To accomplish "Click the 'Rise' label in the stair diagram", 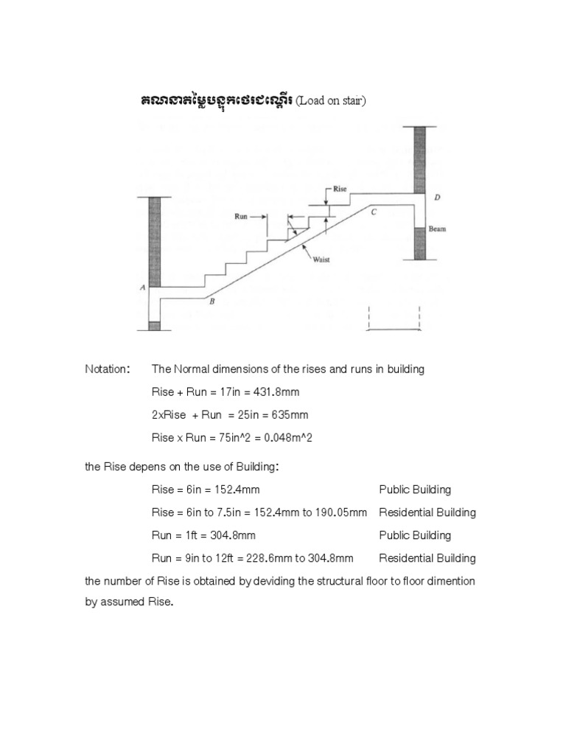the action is (x=340, y=189).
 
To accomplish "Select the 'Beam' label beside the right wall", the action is (x=438, y=229).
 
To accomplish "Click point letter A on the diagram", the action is (x=142, y=288).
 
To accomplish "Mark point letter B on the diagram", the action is (x=212, y=301).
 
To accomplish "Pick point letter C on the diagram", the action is (x=374, y=212).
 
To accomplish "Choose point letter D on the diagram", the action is (x=437, y=198).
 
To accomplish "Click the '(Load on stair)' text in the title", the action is (x=331, y=102).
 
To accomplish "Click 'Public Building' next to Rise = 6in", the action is (x=415, y=490).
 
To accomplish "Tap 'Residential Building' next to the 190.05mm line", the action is (x=427, y=512).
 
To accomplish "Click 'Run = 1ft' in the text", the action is (x=173, y=535).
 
